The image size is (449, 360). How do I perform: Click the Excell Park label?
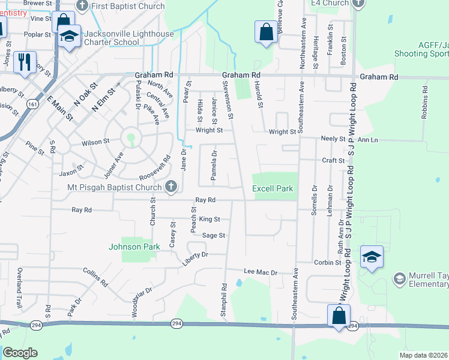(x=273, y=188)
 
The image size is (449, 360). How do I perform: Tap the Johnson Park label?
(x=134, y=247)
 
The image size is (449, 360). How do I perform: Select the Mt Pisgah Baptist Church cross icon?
(x=171, y=187)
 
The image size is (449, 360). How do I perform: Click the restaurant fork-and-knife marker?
(x=25, y=62)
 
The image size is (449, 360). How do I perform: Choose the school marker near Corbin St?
(x=372, y=257)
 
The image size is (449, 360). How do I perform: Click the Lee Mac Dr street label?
(x=261, y=272)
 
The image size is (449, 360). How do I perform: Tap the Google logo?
(x=20, y=353)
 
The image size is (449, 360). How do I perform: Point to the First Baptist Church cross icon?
(x=82, y=6)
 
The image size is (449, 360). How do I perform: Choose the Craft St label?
(x=333, y=161)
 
